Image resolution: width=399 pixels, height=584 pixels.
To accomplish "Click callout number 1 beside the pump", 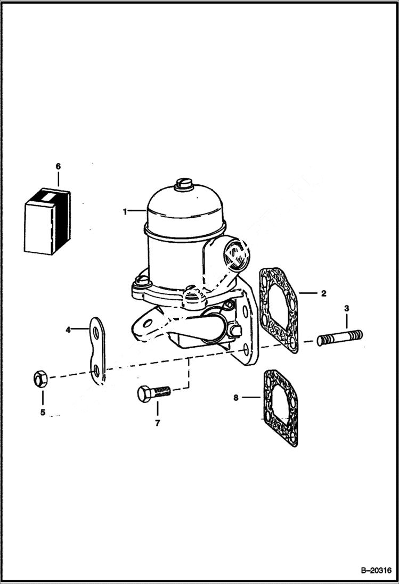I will (x=125, y=211).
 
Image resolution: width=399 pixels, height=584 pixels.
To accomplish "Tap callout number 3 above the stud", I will (x=346, y=308).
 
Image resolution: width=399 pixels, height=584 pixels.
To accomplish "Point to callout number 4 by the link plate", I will (x=68, y=330).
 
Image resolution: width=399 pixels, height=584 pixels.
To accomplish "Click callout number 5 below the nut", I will (x=43, y=412).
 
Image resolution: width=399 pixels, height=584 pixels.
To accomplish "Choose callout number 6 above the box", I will (x=58, y=166).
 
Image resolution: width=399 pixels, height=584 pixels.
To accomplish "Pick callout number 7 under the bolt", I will (x=157, y=423).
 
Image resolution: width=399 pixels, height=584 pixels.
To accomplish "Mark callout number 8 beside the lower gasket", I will (x=236, y=397).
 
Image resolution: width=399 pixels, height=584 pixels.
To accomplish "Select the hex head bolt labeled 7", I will (x=153, y=393).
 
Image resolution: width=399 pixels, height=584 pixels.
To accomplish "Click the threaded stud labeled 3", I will (x=339, y=338).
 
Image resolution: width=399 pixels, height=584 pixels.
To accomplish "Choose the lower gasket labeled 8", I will (x=280, y=407).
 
